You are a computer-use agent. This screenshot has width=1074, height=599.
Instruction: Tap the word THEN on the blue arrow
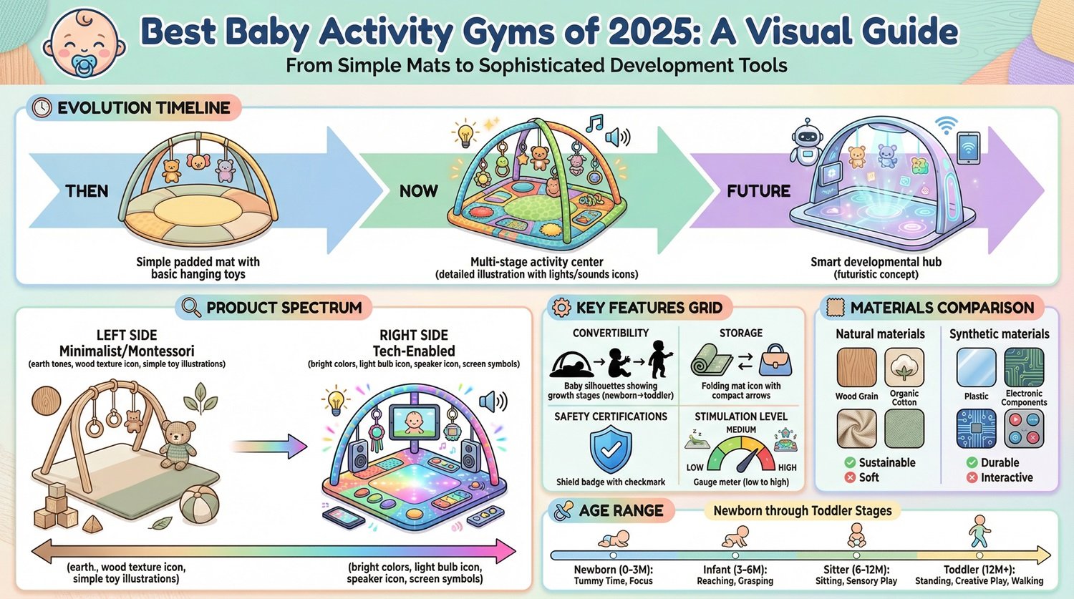point(87,191)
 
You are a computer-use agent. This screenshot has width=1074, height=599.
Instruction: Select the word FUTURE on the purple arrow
point(758,191)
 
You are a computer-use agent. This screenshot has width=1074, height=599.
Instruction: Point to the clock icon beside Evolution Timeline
point(42,108)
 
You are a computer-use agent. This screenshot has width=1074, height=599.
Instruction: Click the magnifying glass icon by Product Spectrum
point(191,308)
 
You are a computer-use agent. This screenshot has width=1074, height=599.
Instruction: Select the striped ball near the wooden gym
point(200,505)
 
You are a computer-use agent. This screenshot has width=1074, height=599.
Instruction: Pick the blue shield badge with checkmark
point(610,449)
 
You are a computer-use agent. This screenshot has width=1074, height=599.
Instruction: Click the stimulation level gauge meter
point(741,452)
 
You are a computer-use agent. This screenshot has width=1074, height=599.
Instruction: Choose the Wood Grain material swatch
point(856,368)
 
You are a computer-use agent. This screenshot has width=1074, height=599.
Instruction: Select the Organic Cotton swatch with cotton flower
point(904,367)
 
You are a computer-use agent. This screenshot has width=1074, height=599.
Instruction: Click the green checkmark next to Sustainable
point(850,462)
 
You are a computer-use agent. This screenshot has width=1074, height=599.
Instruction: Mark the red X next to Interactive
point(972,477)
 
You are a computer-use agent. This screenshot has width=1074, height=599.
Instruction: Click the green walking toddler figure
point(979,532)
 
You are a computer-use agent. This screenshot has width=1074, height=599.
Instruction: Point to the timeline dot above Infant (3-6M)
point(735,555)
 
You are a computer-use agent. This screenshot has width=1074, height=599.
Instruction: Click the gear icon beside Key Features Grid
point(561,308)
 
